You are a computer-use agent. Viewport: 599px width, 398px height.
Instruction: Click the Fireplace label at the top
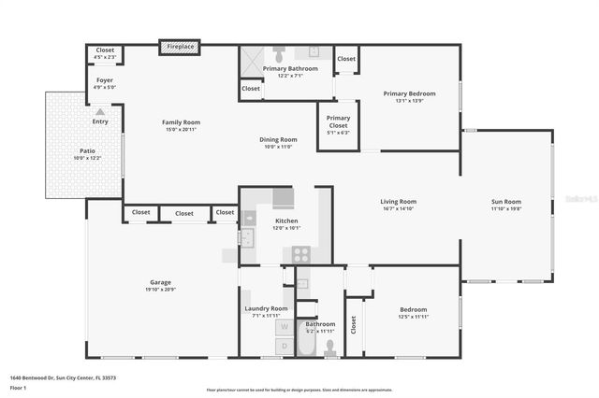pos(179,47)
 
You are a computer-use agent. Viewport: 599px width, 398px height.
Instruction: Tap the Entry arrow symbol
pos(99,111)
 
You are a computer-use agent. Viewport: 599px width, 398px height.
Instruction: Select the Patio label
pos(86,150)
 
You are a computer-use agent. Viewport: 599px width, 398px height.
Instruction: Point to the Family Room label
pos(181,122)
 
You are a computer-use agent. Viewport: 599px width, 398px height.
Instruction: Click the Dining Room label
pos(278,140)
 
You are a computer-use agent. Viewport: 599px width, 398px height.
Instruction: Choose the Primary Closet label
pos(338,119)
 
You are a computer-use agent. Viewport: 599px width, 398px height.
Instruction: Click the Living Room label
pos(398,201)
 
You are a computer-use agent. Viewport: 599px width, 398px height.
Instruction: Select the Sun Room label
pos(506,201)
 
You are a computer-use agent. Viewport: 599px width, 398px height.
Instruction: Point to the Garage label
pos(161,282)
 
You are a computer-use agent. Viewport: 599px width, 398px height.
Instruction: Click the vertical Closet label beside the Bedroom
pos(354,324)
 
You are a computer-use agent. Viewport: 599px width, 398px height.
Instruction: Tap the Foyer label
pos(105,80)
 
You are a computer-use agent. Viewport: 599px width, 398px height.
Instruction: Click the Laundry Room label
pos(266,308)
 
